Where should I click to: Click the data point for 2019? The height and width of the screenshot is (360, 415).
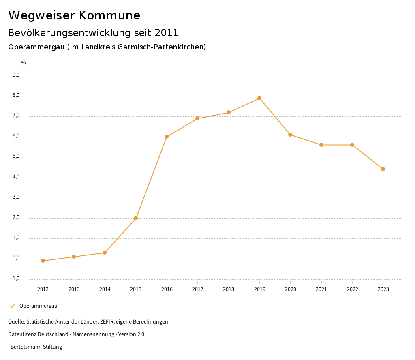pos(259,98)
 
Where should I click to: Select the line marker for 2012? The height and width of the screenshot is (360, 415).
pos(43,261)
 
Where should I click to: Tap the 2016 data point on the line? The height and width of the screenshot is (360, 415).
pos(167,137)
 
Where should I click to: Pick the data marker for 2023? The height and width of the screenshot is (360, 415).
pos(383,169)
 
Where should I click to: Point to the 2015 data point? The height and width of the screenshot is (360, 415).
pos(136,218)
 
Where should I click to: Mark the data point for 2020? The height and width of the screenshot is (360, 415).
pos(290,135)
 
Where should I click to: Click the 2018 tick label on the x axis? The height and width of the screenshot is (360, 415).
pos(229,289)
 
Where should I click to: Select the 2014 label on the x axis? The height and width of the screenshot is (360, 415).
pos(105,289)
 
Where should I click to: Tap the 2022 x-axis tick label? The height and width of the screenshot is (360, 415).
pos(352,289)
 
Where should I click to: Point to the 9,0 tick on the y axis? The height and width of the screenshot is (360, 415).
pos(16,75)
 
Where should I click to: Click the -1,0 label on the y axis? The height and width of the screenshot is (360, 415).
pos(15,279)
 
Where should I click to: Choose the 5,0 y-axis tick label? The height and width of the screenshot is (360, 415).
pos(16,156)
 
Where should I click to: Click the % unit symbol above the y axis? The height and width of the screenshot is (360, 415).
pos(24,63)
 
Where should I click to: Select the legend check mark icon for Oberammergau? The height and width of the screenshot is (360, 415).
pos(12,306)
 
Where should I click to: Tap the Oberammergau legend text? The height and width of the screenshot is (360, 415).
pos(39,306)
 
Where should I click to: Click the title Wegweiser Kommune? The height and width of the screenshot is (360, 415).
pos(74,15)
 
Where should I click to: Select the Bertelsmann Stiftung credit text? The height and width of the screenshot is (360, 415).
pos(36,347)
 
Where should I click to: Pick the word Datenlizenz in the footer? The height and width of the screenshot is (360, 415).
pos(21,334)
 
